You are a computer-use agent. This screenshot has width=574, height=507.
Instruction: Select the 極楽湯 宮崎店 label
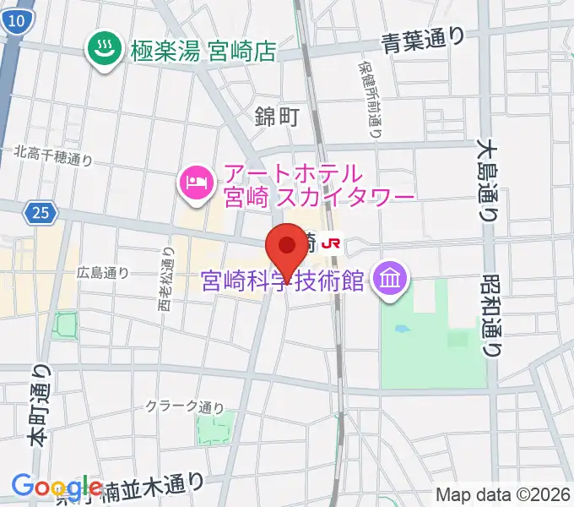click(x=203, y=52)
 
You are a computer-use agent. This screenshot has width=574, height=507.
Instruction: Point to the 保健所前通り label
click(x=370, y=99)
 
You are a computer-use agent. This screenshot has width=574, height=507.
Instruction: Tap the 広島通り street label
click(x=102, y=272)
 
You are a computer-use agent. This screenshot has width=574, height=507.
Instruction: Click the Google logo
click(x=57, y=487)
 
